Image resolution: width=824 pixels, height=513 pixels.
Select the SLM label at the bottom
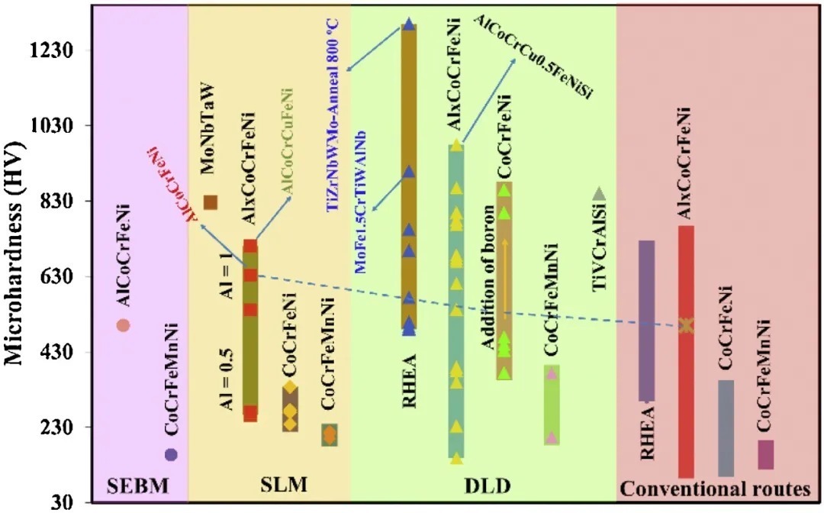tap(269, 486)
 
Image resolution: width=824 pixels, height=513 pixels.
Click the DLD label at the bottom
tap(483, 486)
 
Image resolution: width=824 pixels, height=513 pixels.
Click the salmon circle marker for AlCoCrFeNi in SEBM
tap(123, 325)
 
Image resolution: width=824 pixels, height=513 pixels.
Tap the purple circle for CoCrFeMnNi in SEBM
tap(171, 454)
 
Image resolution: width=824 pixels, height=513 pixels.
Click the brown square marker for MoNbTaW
tap(211, 202)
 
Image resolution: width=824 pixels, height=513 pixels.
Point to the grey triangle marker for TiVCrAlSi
tap(600, 194)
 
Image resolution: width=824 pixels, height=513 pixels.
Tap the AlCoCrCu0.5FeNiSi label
tap(533, 56)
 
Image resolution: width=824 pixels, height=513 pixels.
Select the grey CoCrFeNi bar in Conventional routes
tap(726, 427)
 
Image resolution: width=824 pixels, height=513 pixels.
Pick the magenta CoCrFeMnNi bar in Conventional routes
tap(766, 455)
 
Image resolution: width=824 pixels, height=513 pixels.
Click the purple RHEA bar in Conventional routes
tap(647, 321)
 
